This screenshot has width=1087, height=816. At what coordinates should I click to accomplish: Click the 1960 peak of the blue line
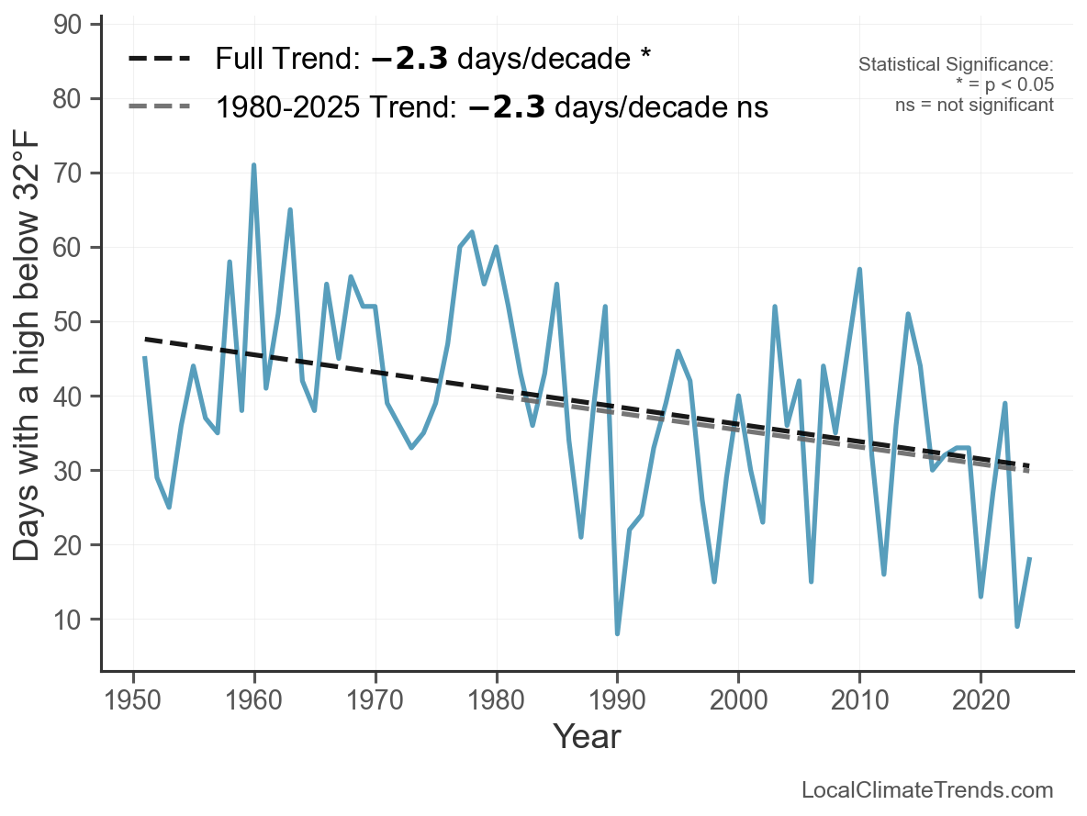point(253,166)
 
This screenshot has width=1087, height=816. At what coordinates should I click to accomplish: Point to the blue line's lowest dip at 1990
point(617,633)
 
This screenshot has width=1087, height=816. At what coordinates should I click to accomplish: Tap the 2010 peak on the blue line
point(859,270)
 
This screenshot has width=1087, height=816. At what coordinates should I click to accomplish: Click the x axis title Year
point(587,737)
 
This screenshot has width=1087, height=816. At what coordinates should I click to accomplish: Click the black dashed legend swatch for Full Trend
point(159,59)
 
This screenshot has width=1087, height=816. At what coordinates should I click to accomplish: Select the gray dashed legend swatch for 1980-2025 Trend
point(159,107)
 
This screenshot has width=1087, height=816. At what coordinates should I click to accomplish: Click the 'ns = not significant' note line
point(974,105)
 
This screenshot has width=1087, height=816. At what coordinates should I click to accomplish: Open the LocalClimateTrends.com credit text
point(927,790)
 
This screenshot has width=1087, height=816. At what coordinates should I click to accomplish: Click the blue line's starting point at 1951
point(145,358)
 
